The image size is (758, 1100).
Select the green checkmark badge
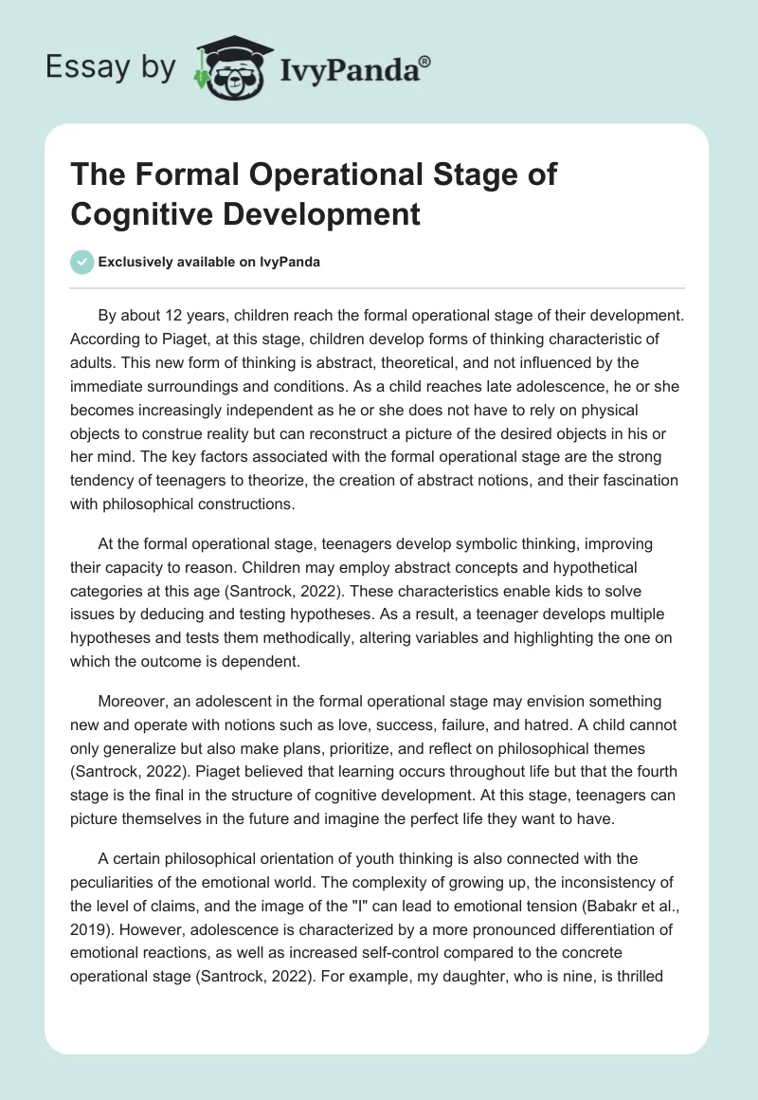83,262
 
